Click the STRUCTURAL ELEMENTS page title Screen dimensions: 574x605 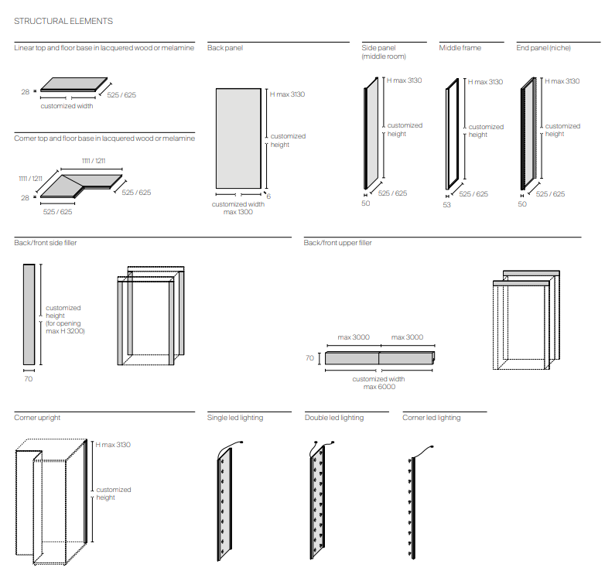pos(63,21)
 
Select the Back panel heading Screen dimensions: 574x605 pos(225,48)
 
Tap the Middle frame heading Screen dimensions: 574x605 pos(460,48)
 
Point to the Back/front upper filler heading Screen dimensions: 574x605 pos(338,243)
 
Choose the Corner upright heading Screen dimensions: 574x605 pos(37,418)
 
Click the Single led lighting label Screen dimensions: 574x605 pos(235,418)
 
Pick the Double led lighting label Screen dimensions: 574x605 pos(334,418)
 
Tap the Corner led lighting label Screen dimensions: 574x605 pos(432,418)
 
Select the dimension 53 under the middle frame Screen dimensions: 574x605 pos(446,205)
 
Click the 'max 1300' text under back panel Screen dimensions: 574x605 pos(238,212)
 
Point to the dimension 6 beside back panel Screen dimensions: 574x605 pos(269,196)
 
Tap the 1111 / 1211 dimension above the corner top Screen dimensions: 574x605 pos(94,160)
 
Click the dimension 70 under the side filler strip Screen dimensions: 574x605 pos(29,379)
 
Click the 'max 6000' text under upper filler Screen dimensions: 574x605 pos(379,387)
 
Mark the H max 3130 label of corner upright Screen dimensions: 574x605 pos(113,445)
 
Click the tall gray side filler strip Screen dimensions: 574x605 pos(29,314)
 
